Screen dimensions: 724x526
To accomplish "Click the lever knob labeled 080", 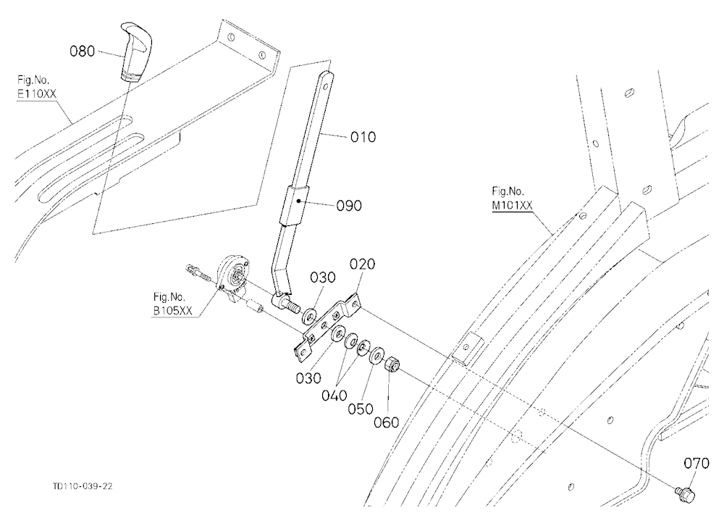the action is coord(134,51).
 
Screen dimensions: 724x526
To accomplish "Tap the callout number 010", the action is coord(363,137).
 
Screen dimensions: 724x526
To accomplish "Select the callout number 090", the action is coord(349,206).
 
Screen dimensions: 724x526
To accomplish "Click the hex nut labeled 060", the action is coord(391,364).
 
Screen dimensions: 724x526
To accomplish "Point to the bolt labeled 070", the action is coord(685,493).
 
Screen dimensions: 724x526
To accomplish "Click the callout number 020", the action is coord(363,264).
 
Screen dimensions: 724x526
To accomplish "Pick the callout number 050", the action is coord(361,409).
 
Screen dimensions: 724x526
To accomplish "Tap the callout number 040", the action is coord(334,396).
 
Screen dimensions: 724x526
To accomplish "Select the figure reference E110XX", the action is coord(37,94).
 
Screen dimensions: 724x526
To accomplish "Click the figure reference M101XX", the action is coord(512,206).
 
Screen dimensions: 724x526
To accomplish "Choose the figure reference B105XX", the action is coord(173,311).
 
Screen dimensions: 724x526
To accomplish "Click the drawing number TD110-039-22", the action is coord(83,486).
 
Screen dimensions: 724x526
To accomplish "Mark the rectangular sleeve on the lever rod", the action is coord(294,205).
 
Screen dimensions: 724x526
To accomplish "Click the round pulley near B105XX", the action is coord(233,278).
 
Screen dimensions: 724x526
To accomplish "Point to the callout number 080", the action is coord(83,51).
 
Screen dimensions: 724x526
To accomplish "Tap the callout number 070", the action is coord(696,463).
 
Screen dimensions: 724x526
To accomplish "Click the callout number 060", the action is coord(387,422).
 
